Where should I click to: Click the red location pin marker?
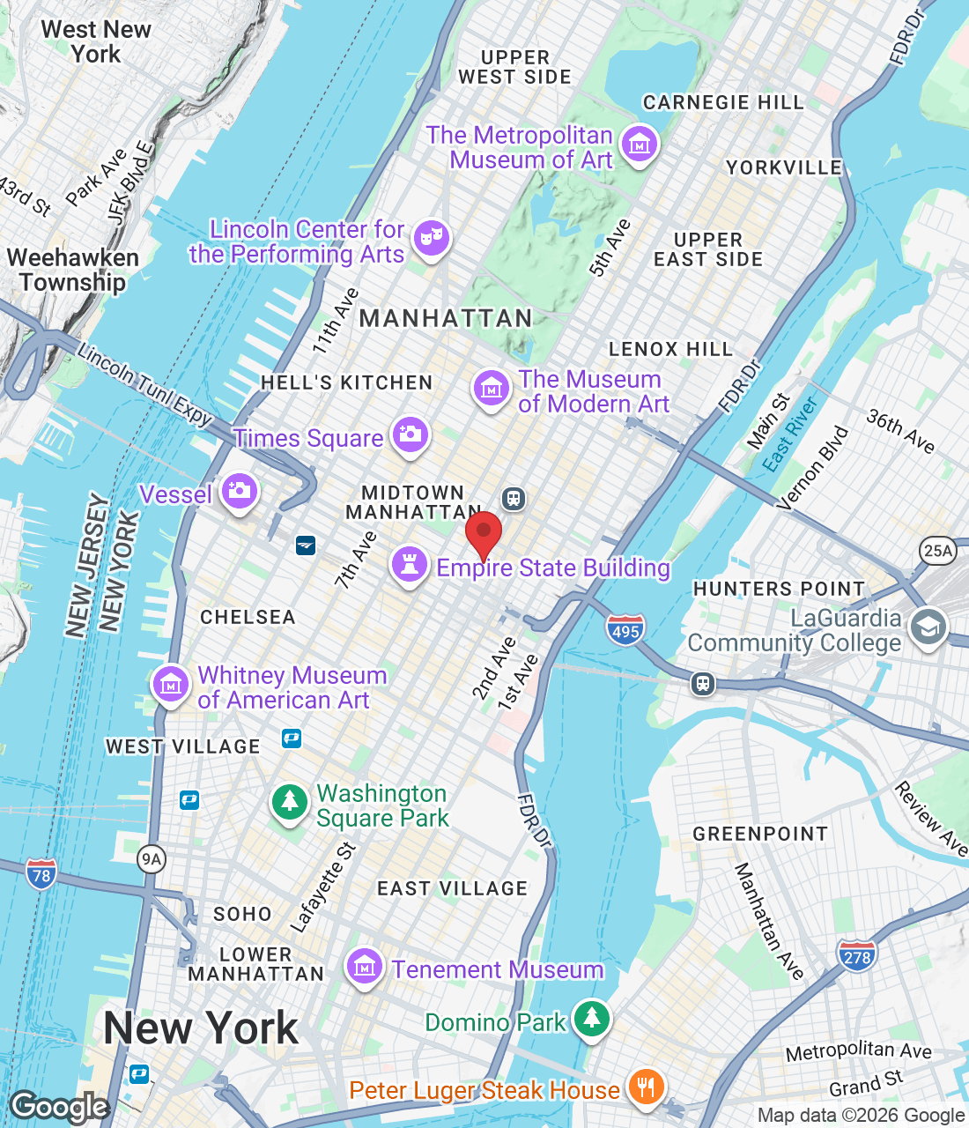click(x=483, y=534)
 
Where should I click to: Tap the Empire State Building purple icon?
click(x=410, y=564)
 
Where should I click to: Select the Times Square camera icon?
click(x=410, y=434)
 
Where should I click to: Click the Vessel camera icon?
click(x=240, y=491)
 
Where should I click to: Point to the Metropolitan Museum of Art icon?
click(x=640, y=143)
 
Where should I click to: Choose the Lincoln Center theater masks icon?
click(x=431, y=237)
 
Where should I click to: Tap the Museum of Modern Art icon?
click(x=491, y=388)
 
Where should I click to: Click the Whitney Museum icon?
click(x=170, y=684)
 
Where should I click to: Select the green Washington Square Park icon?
click(x=289, y=802)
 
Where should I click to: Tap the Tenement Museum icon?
click(x=364, y=967)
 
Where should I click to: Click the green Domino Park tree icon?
click(x=592, y=1019)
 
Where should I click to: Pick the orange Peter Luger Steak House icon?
click(x=646, y=1087)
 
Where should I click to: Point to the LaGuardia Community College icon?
click(x=928, y=627)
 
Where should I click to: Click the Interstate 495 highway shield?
click(x=625, y=630)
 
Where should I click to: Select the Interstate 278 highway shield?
click(x=857, y=956)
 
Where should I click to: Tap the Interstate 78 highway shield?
click(x=41, y=875)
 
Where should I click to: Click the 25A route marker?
click(x=937, y=551)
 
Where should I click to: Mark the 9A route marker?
click(x=152, y=859)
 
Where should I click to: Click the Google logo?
click(x=60, y=1107)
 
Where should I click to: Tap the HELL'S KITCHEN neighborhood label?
click(x=346, y=382)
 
